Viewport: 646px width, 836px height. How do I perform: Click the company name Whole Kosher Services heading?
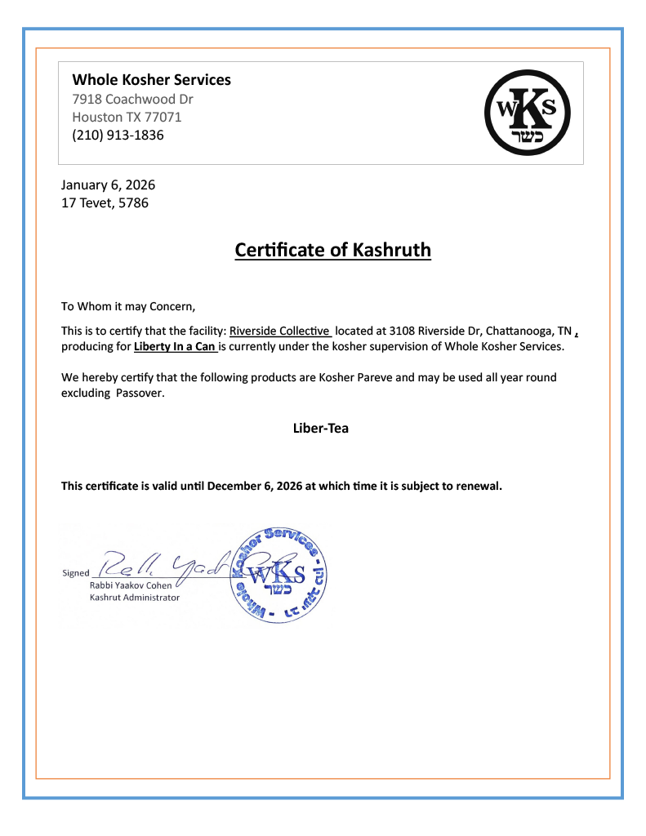(x=151, y=80)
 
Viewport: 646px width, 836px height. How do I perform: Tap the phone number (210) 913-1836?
(x=118, y=135)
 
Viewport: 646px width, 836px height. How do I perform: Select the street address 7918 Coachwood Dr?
(x=132, y=100)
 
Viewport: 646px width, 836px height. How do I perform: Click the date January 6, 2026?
(x=108, y=185)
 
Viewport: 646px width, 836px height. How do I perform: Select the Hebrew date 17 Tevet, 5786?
(x=105, y=202)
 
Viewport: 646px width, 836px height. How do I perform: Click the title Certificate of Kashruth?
(x=332, y=250)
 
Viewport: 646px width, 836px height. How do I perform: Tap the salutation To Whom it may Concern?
(x=129, y=307)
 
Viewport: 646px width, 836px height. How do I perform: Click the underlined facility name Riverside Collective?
(x=279, y=331)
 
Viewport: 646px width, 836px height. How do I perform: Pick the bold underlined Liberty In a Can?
(x=175, y=347)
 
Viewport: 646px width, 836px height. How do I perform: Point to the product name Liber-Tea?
(x=321, y=428)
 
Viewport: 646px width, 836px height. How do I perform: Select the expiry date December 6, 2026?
(x=255, y=486)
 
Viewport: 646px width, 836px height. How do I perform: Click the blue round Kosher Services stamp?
(x=280, y=574)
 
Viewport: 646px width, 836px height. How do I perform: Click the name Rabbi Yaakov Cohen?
(x=130, y=585)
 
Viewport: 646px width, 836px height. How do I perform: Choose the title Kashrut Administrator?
(x=134, y=598)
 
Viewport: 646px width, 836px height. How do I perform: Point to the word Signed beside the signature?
(x=76, y=573)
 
